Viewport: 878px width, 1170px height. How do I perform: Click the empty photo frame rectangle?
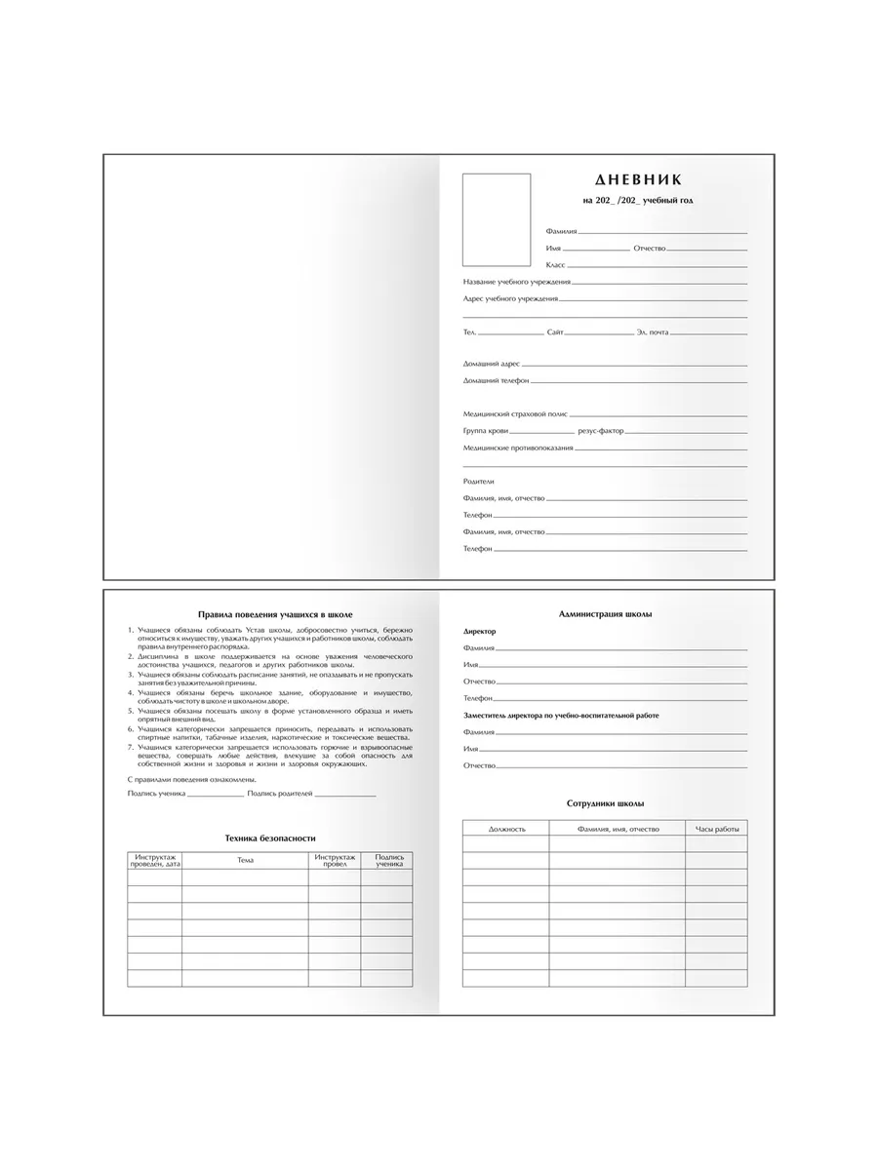click(x=497, y=219)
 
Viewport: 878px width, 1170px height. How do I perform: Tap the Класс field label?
click(x=555, y=265)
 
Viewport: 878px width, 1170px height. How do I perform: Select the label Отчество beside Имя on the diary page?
click(x=650, y=249)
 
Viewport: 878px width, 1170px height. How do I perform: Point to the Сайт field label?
click(x=555, y=332)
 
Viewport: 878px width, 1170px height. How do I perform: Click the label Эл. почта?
click(x=653, y=332)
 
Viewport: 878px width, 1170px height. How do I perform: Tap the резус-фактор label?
click(x=600, y=430)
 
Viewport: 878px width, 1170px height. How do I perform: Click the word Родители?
click(x=479, y=482)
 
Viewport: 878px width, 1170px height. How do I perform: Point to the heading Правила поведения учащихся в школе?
click(x=274, y=615)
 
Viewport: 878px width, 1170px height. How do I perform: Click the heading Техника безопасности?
click(x=270, y=838)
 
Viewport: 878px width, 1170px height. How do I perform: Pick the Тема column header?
click(x=245, y=860)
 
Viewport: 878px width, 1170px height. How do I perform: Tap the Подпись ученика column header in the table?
click(x=386, y=860)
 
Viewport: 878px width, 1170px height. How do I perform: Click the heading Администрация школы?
click(x=606, y=614)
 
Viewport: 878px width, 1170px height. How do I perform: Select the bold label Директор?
click(x=480, y=632)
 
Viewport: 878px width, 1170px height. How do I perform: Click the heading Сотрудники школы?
click(x=605, y=803)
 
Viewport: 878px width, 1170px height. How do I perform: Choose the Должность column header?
click(x=506, y=829)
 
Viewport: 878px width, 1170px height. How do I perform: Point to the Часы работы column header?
click(x=717, y=829)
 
